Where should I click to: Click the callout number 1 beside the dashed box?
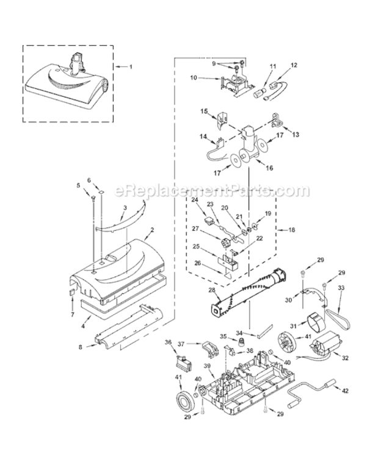pyautogui.click(x=131, y=67)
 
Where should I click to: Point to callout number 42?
pyautogui.click(x=345, y=391)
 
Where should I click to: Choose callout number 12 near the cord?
pyautogui.click(x=294, y=65)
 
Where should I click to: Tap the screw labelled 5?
pyautogui.click(x=93, y=199)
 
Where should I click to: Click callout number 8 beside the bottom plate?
pyautogui.click(x=81, y=347)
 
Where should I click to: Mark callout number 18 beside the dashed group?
pyautogui.click(x=291, y=230)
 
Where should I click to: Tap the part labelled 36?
pyautogui.click(x=183, y=363)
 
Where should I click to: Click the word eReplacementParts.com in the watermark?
pyautogui.click(x=211, y=191)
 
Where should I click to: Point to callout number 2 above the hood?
pyautogui.click(x=152, y=230)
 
